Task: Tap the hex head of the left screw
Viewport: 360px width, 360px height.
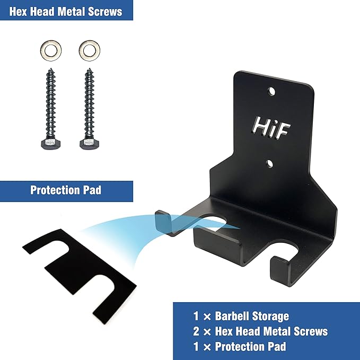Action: [x=51, y=144]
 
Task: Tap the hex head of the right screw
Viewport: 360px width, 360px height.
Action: [x=89, y=144]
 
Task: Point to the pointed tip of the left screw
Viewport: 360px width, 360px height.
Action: [x=51, y=68]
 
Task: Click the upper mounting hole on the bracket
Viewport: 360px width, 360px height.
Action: [x=271, y=91]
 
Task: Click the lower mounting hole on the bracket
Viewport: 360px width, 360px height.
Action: [x=269, y=164]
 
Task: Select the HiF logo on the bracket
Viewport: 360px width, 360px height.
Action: [x=271, y=128]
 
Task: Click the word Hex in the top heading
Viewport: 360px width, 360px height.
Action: [x=19, y=12]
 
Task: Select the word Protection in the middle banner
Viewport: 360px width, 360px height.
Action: [x=55, y=190]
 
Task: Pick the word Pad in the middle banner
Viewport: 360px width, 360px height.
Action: [x=92, y=190]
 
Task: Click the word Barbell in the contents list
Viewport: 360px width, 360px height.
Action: [x=232, y=316]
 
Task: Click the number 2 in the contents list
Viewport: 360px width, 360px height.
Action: [x=196, y=331]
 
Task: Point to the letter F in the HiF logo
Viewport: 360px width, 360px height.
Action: [x=283, y=132]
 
